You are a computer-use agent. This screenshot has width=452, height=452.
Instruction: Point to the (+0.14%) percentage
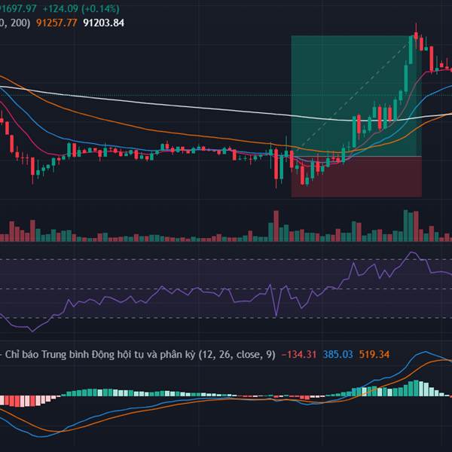(111, 8)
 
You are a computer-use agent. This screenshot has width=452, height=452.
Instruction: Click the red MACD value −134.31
(298, 354)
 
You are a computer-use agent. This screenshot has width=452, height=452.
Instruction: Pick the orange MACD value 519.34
(374, 354)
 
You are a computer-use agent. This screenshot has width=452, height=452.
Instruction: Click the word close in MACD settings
(242, 354)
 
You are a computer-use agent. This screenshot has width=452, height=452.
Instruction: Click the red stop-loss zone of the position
(356, 177)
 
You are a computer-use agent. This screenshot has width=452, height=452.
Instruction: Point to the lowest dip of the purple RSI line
(31, 330)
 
